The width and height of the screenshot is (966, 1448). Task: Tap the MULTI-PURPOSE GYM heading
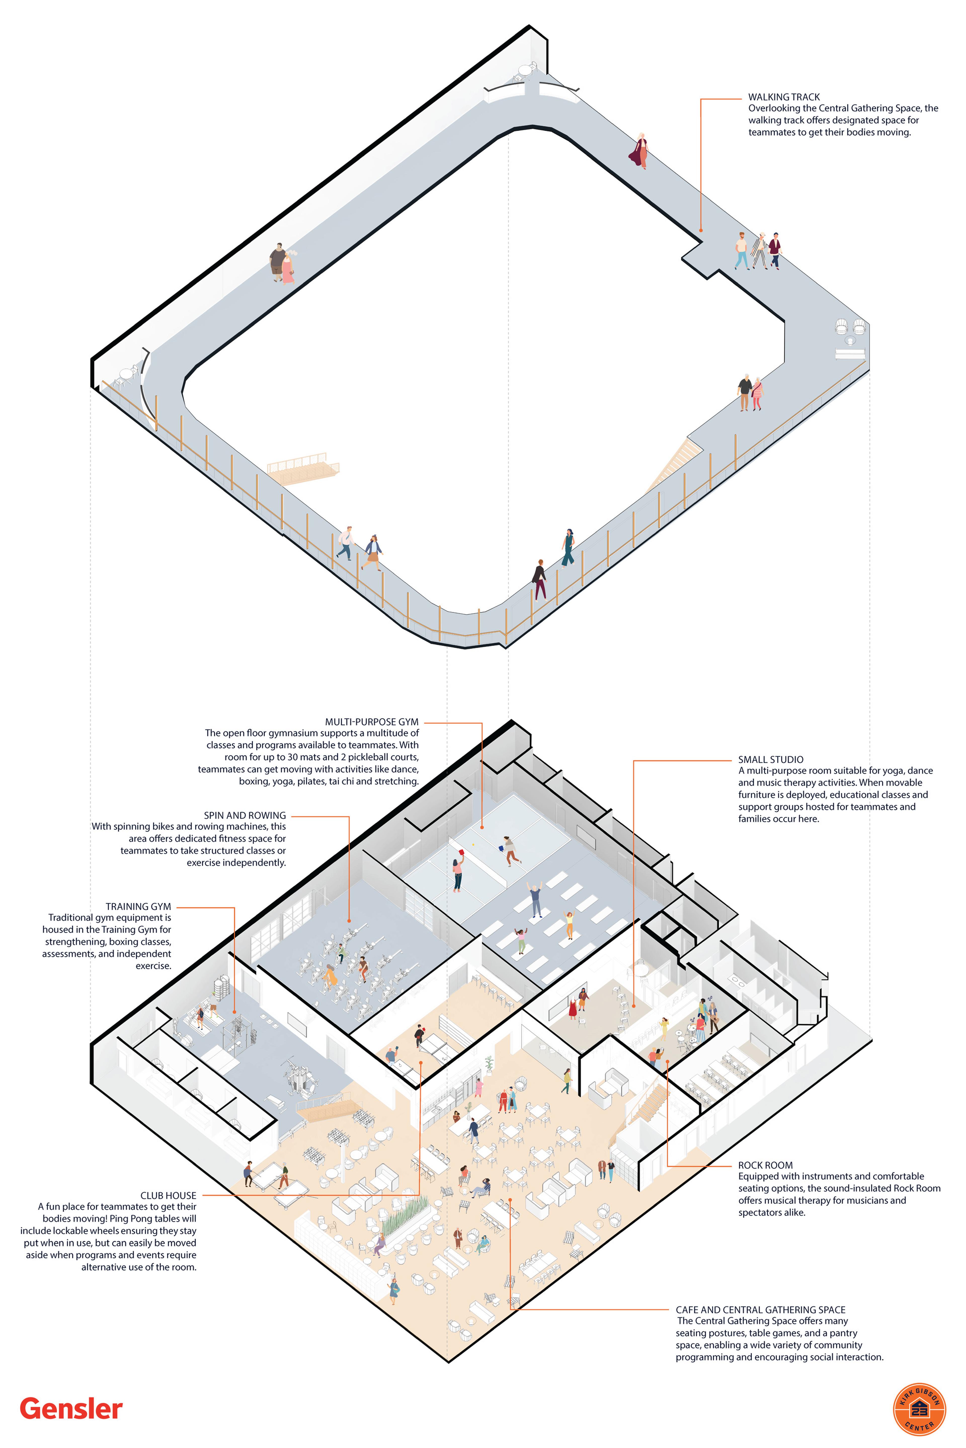point(372,722)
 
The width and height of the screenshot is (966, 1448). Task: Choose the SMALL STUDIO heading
point(771,760)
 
